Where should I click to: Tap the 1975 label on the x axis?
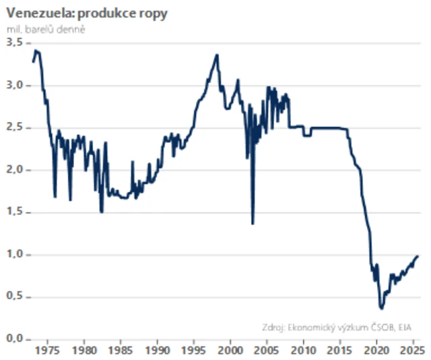[47, 351]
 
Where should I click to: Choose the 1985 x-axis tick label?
[121, 351]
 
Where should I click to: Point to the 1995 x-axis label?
[194, 351]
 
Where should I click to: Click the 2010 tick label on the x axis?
[304, 351]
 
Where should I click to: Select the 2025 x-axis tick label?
[410, 351]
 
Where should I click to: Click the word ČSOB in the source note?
[378, 328]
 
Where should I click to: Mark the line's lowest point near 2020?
[382, 308]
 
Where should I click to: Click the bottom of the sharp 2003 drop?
[253, 224]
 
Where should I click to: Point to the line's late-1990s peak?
[217, 55]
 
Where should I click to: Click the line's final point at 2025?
[418, 256]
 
